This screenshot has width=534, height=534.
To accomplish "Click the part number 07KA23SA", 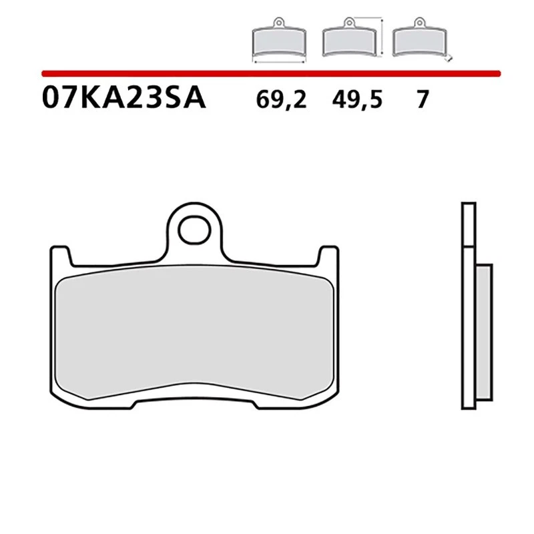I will (123, 98).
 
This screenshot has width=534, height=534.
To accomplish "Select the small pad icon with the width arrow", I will (279, 41).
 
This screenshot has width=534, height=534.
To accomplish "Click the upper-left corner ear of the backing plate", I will (59, 257).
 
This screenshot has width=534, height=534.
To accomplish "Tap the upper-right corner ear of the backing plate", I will (328, 257).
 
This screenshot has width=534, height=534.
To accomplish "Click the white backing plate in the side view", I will (468, 334).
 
